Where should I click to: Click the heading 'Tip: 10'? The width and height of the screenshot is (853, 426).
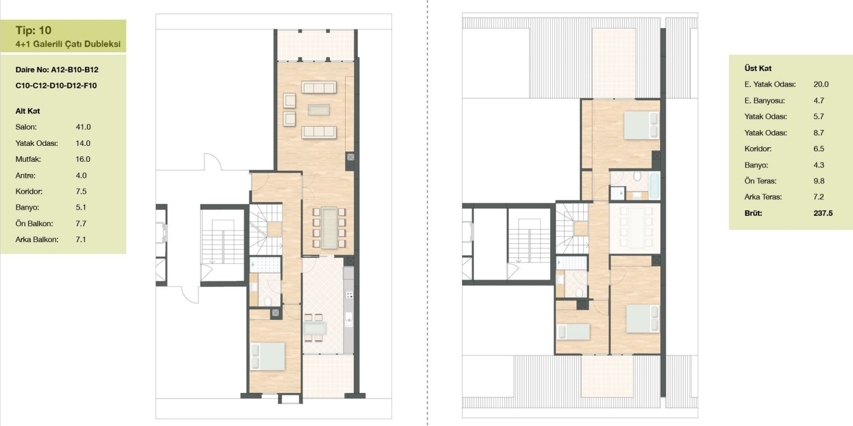click(34, 30)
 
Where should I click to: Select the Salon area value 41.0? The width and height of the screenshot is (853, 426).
click(83, 127)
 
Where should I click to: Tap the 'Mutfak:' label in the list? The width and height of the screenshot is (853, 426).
click(28, 159)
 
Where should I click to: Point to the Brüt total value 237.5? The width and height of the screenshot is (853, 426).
click(823, 213)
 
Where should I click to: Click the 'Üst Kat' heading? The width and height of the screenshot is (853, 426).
click(758, 68)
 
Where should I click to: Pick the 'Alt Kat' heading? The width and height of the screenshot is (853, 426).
click(28, 111)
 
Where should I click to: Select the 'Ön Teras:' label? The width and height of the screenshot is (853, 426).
click(760, 181)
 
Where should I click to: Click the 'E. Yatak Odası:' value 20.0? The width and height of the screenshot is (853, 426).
click(821, 85)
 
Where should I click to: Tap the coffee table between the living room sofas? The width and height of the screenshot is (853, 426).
click(319, 110)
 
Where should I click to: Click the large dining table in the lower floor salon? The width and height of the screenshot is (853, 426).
click(329, 227)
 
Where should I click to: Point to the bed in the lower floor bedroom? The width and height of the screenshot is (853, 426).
click(267, 356)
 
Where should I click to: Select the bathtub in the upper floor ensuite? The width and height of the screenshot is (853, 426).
click(654, 186)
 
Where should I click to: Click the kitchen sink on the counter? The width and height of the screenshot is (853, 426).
click(349, 319)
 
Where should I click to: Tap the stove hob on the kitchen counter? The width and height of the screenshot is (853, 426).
click(349, 294)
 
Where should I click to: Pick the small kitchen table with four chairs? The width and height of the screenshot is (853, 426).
click(315, 327)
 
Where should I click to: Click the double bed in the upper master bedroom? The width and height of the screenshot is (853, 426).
click(641, 125)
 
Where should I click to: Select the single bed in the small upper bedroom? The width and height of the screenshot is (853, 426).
click(573, 332)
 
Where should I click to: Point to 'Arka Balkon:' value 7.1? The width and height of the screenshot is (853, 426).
click(81, 240)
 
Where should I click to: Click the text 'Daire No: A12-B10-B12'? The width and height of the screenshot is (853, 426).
click(57, 70)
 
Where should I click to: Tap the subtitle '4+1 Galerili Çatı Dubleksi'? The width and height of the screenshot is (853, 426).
click(68, 44)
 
